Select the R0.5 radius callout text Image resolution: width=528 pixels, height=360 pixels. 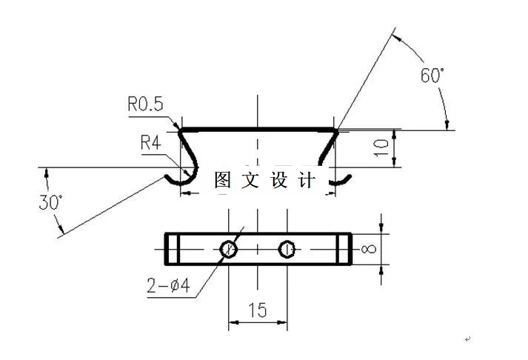[144, 105]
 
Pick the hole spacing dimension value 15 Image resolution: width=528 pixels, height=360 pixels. [257, 310]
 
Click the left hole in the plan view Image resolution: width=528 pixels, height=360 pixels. [229, 250]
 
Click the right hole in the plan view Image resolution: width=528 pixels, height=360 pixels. [287, 250]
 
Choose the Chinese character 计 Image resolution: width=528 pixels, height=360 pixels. [307, 180]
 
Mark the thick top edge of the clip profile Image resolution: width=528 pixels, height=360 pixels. [257, 130]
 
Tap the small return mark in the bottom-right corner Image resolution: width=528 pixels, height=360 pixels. [467, 339]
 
